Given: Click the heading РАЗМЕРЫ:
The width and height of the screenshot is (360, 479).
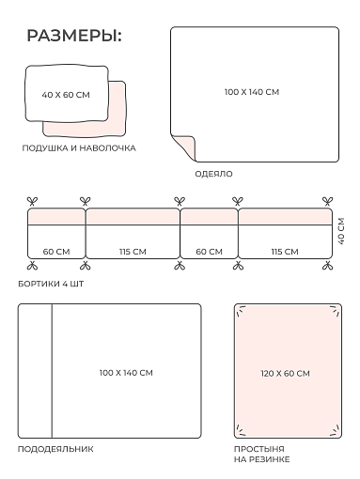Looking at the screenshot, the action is tap(74, 36).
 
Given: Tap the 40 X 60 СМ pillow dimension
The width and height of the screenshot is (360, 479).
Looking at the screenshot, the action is tap(66, 95).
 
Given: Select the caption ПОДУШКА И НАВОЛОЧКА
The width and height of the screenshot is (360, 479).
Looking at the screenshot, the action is tap(79, 148).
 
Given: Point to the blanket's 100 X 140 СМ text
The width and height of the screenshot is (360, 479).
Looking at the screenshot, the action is tap(252, 92).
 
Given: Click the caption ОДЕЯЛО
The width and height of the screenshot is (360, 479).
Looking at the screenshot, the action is tap(213, 174).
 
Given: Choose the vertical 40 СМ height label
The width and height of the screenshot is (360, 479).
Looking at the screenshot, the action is tap(341, 231).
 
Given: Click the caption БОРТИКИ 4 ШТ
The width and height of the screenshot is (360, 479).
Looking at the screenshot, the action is tap(51, 284).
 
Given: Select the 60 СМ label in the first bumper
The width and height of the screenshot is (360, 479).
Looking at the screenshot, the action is tap(56, 252).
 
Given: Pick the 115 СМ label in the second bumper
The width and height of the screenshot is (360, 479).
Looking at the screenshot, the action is tap(133, 252).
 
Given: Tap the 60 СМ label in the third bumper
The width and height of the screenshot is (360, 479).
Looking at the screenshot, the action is tap(209, 252).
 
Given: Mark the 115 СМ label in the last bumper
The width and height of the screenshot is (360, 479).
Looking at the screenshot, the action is tap(285, 252).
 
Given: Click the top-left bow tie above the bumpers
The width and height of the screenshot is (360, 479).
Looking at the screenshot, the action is tap(32, 201).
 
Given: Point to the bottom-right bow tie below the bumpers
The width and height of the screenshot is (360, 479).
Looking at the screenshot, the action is tap(328, 266).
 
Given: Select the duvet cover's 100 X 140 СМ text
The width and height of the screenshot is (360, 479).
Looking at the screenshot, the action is tap(126, 373).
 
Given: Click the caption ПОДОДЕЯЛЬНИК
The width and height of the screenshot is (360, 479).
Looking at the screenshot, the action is tap(55, 449).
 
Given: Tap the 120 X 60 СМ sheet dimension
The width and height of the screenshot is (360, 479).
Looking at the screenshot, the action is tap(285, 373).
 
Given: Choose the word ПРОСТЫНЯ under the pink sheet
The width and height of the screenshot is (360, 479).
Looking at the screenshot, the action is tap(259, 449).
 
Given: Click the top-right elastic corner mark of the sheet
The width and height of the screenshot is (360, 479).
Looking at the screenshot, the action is tap(335, 311).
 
